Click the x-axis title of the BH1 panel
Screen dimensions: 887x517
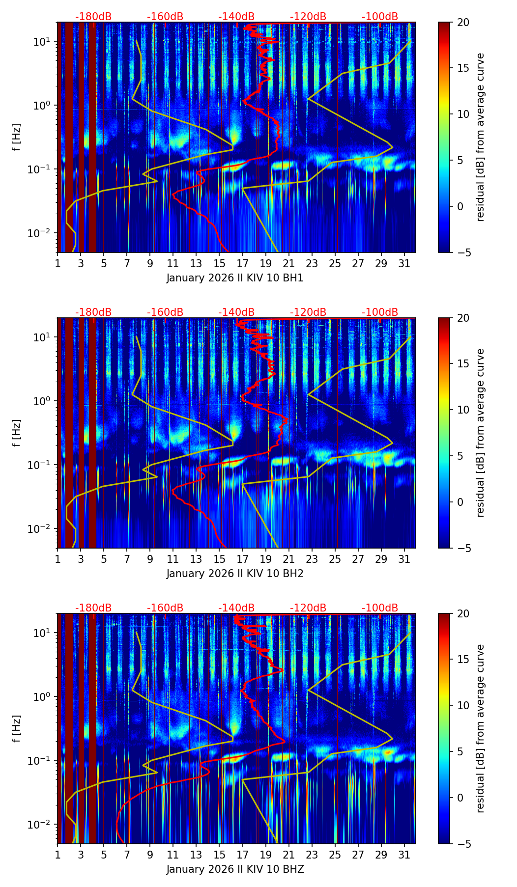point(235,278)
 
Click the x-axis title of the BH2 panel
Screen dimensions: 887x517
point(235,574)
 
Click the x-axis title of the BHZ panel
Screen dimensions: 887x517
point(235,869)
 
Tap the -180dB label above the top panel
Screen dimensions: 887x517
point(93,17)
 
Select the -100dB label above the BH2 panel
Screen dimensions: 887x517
point(380,312)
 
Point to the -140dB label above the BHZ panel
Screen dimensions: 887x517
point(236,608)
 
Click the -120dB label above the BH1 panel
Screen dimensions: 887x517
point(308,17)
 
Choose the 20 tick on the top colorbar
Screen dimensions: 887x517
point(463,22)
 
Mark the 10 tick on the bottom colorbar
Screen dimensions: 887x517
point(463,705)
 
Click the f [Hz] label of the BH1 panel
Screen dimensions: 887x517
point(16,138)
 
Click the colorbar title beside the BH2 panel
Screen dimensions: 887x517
point(481,433)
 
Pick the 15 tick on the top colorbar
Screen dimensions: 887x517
point(463,68)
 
